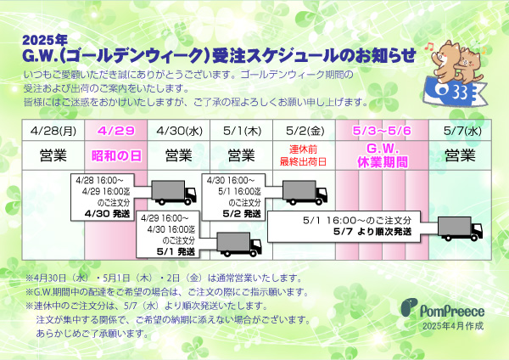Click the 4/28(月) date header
tap(53, 131)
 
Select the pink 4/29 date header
tap(116, 131)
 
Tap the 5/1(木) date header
tap(242, 131)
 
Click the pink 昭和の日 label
tap(116, 155)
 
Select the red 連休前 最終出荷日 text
tap(303, 155)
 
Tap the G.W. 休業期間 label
tap(383, 155)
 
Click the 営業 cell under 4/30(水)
tap(178, 155)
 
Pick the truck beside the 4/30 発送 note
tap(174, 193)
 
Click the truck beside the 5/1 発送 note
tap(239, 244)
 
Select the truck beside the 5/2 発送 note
tap(305, 193)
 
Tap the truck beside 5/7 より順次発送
tap(460, 229)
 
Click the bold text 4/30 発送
tap(107, 214)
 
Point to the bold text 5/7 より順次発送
tap(372, 232)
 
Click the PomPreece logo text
tap(452, 311)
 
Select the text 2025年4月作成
tap(453, 326)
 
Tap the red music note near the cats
tap(429, 47)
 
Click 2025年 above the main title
tap(45, 40)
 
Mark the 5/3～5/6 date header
tap(382, 131)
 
